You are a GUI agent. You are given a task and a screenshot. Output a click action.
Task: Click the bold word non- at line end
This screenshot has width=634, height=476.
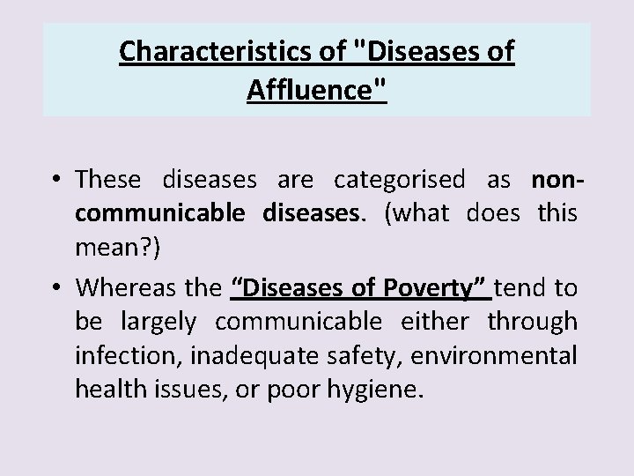[555, 180]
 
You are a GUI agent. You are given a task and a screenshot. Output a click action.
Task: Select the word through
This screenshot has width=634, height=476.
[533, 324]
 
